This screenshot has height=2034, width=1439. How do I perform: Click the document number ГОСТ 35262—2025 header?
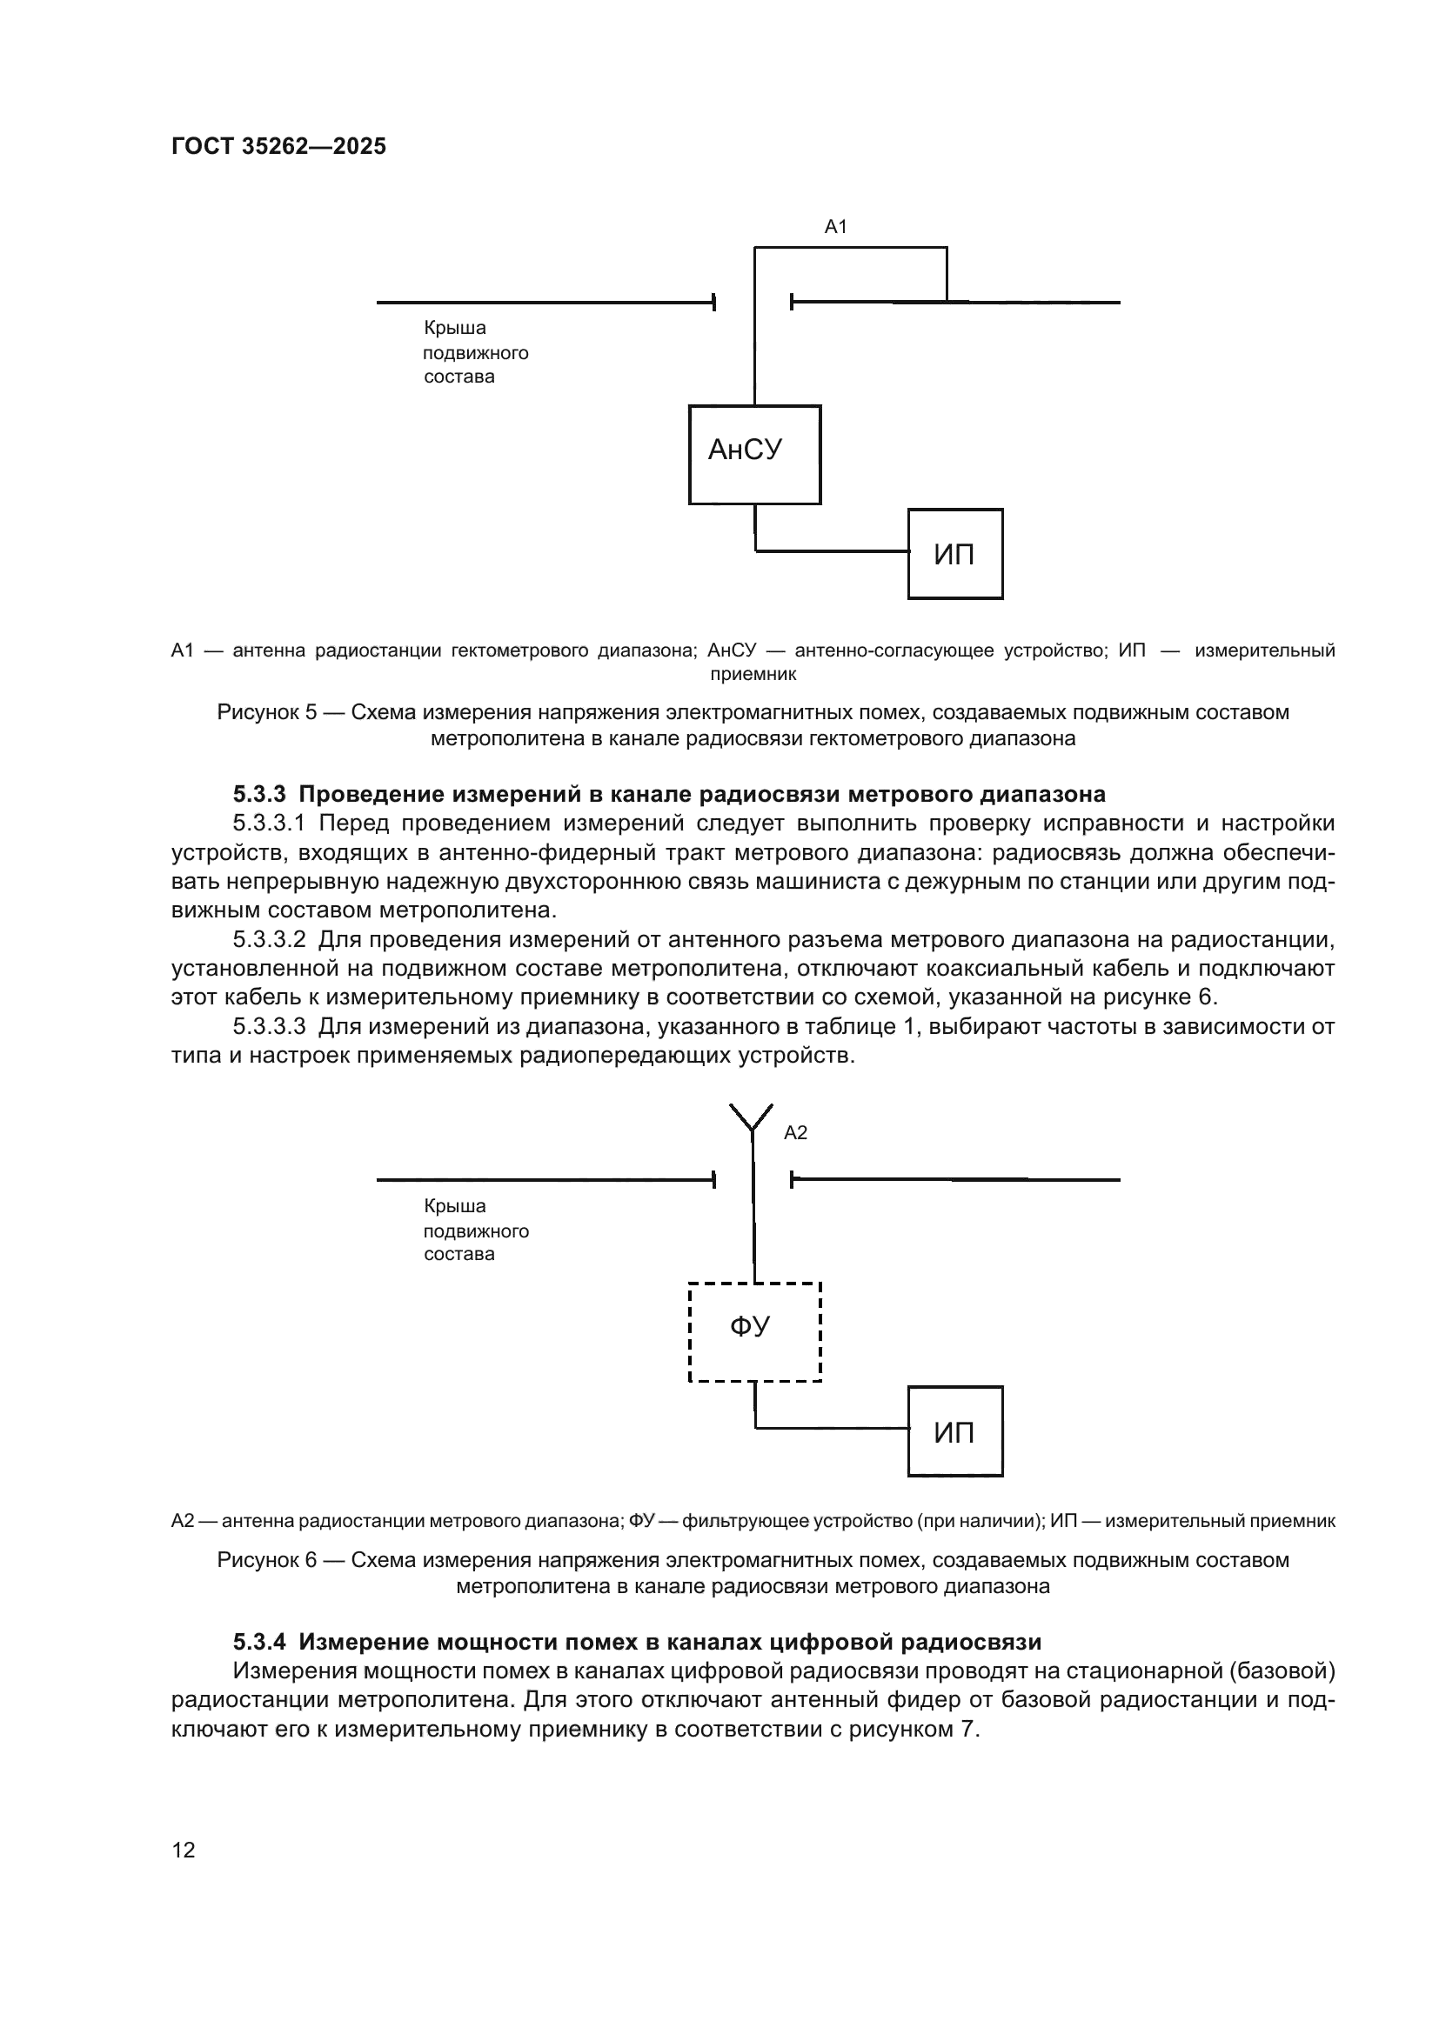278,146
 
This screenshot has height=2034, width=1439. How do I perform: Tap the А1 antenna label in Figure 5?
835,227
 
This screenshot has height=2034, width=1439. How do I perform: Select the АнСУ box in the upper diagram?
754,455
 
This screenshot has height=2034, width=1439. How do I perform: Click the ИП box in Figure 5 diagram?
954,554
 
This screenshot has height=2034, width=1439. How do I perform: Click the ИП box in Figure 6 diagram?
954,1430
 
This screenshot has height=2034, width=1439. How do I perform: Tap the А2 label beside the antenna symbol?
796,1132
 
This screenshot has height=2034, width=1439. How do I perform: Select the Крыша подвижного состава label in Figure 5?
475,352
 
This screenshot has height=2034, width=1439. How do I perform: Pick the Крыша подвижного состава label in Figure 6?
475,1230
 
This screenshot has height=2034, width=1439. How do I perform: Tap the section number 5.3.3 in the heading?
259,794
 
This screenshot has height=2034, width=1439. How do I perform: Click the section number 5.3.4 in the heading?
259,1642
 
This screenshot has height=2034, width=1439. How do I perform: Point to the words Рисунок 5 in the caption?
267,712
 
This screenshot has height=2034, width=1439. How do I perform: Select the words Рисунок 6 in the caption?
267,1559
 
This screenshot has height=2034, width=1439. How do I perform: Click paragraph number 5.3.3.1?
269,823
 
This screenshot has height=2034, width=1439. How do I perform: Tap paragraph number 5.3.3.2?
269,939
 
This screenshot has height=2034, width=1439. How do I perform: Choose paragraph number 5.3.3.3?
269,1026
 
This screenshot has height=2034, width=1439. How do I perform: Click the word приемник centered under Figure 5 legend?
753,674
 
